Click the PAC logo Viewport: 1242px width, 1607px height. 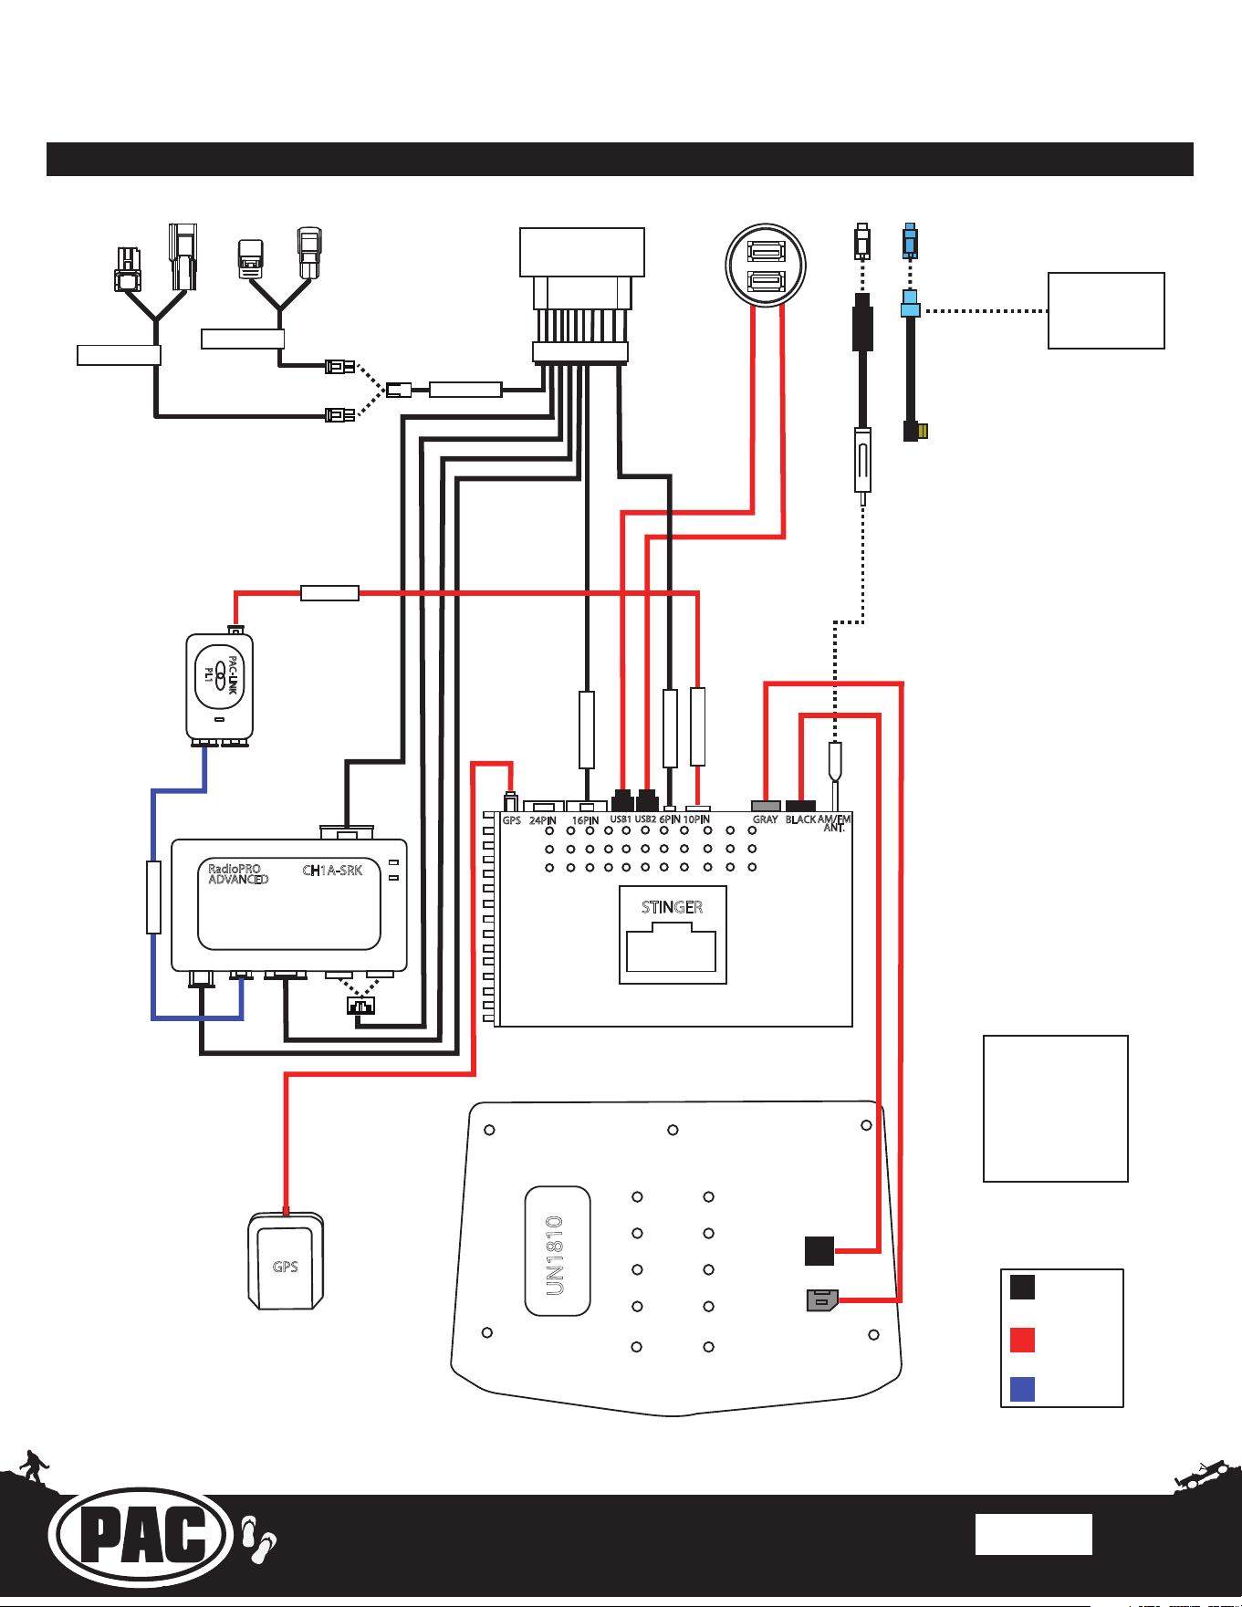[x=141, y=1538]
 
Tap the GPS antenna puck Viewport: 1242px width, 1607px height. [x=286, y=1260]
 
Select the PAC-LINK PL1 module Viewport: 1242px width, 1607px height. [x=219, y=685]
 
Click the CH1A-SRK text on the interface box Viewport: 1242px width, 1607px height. [x=332, y=871]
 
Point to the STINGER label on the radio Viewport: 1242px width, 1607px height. [x=672, y=907]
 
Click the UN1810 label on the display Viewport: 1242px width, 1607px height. [x=555, y=1255]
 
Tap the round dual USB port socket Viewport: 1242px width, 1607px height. [x=766, y=265]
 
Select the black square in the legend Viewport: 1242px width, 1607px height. [x=1022, y=1287]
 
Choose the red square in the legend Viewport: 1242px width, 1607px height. [x=1022, y=1340]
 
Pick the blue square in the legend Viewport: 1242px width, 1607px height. [x=1022, y=1389]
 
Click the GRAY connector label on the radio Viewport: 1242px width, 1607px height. [x=765, y=819]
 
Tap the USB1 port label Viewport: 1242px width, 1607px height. [x=621, y=819]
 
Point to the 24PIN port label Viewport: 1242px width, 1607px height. [x=542, y=820]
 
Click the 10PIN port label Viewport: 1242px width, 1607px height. [x=696, y=819]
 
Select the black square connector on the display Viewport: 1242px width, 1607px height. [x=819, y=1250]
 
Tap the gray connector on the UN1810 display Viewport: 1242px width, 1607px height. [x=822, y=1300]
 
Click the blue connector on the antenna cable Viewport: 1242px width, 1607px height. [x=910, y=305]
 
